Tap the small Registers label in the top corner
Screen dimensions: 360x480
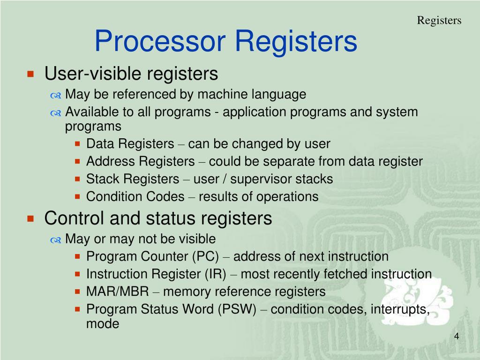click(439, 20)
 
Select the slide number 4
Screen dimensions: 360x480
click(456, 337)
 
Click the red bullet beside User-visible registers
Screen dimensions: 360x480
click(31, 74)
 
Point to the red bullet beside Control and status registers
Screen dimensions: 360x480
click(31, 218)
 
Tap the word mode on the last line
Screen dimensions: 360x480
click(103, 323)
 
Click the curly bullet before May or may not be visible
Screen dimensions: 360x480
click(56, 240)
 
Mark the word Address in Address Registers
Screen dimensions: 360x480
click(110, 162)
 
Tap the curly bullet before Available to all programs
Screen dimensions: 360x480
click(56, 113)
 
